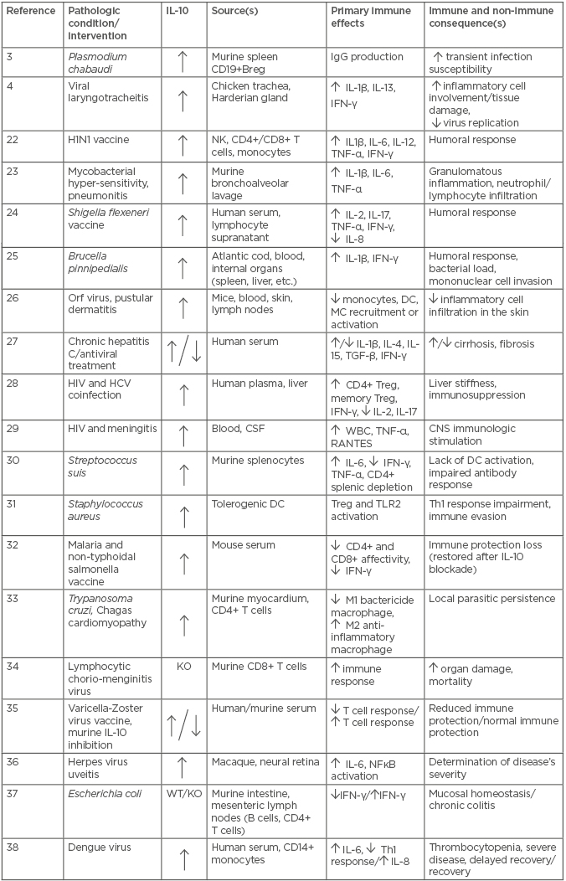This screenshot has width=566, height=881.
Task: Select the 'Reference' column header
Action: [x=31, y=11]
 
